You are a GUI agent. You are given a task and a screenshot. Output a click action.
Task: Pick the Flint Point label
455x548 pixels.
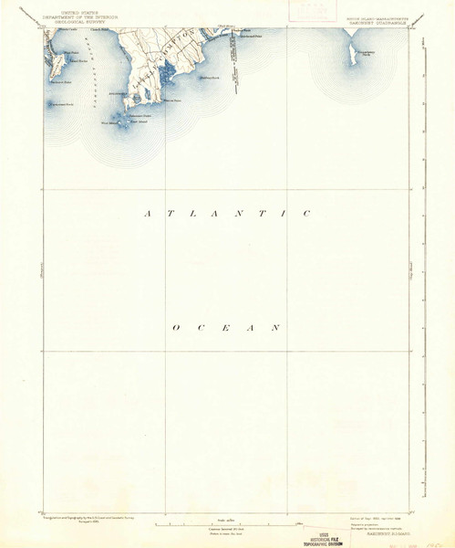click(x=67, y=53)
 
